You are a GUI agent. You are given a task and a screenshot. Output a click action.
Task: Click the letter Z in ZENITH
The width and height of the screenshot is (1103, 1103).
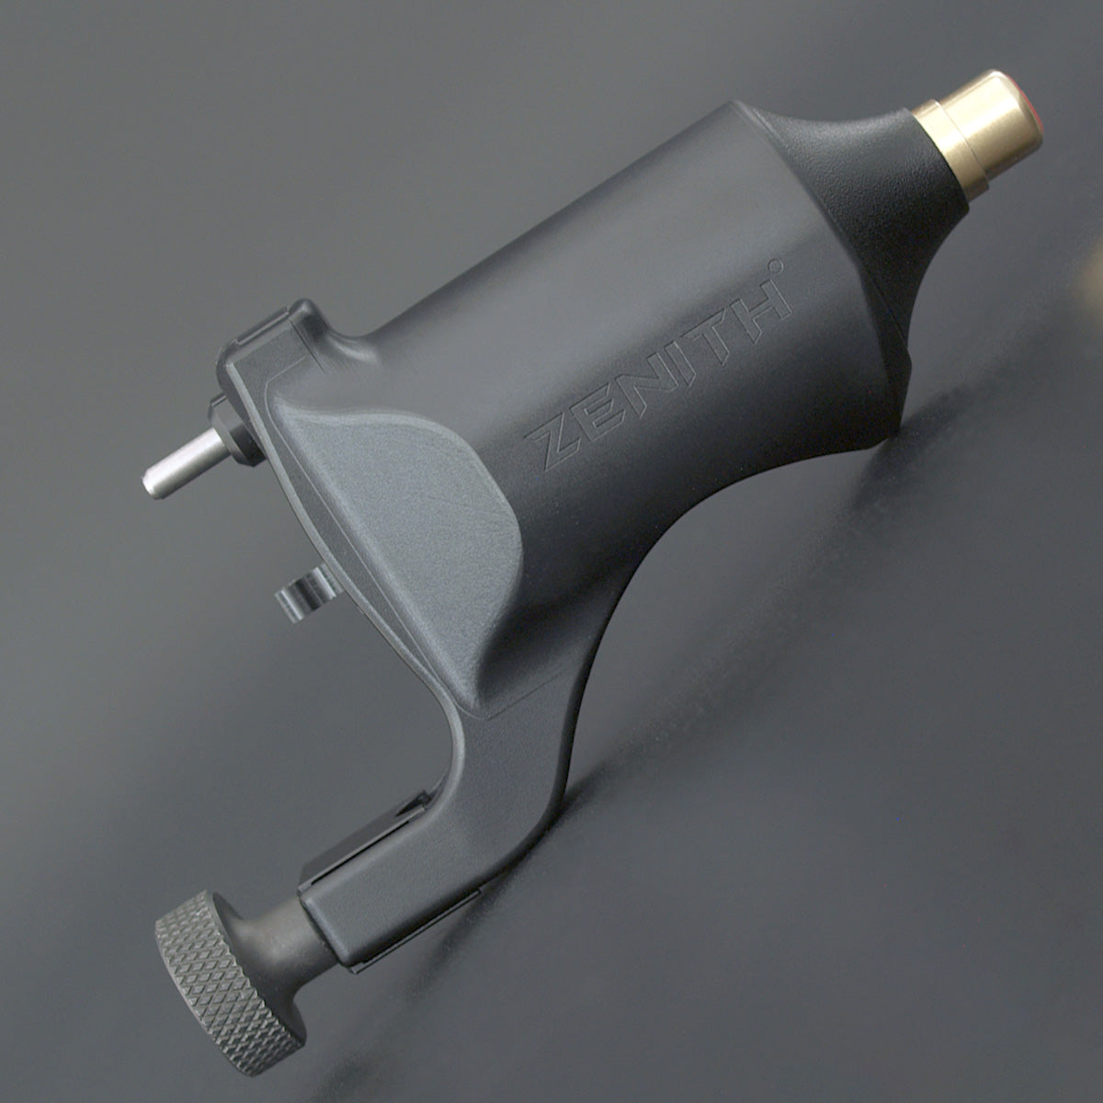tap(551, 445)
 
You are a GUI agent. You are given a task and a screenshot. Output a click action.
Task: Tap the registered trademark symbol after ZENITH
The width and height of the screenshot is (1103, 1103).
tap(775, 266)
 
